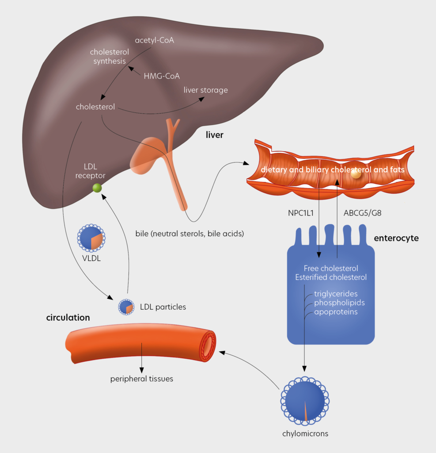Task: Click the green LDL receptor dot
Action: [x=97, y=188]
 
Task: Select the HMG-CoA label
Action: [x=162, y=76]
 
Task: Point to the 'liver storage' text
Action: [x=205, y=90]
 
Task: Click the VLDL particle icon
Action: [x=91, y=239]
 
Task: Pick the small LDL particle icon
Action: [x=126, y=307]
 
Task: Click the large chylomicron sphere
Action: [x=305, y=401]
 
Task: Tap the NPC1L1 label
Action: [x=300, y=213]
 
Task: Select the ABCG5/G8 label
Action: [x=362, y=213]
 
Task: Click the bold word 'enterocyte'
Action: [x=396, y=238]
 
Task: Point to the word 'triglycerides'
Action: [x=336, y=294]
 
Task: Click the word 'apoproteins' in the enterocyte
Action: [x=336, y=312]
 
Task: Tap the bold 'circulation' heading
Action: [x=68, y=318]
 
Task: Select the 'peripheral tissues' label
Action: [x=141, y=379]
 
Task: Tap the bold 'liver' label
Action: [x=215, y=135]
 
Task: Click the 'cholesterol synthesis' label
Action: [x=109, y=57]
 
